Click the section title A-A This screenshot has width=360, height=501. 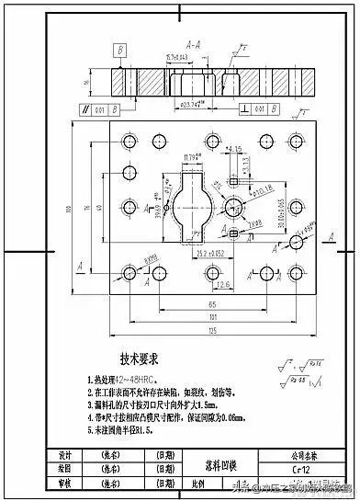coord(194,43)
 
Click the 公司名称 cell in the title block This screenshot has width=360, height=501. coord(297,454)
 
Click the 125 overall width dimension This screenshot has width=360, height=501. coord(213,328)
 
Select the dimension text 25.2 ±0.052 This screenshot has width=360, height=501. coord(212,250)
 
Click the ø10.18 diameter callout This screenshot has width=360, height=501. coord(262,190)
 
